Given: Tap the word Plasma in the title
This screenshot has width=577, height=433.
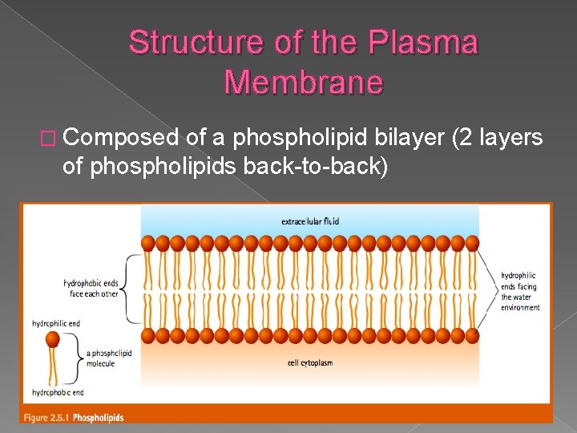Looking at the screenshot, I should [x=424, y=42].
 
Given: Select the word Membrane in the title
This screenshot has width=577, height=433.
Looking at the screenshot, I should [x=304, y=82].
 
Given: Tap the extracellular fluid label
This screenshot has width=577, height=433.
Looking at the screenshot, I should [x=310, y=221].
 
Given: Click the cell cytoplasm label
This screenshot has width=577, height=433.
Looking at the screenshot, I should [x=310, y=363].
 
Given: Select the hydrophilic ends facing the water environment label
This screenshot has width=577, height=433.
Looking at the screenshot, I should [x=520, y=292].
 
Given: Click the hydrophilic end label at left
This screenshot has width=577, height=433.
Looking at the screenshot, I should [x=56, y=324].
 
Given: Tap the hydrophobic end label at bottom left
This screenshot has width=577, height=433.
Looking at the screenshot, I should [x=58, y=393].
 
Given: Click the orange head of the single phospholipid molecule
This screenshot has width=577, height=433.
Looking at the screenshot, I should [x=53, y=340].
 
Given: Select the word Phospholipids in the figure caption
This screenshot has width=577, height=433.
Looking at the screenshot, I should [x=99, y=417].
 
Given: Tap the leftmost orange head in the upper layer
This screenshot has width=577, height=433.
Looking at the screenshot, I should [x=148, y=242].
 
